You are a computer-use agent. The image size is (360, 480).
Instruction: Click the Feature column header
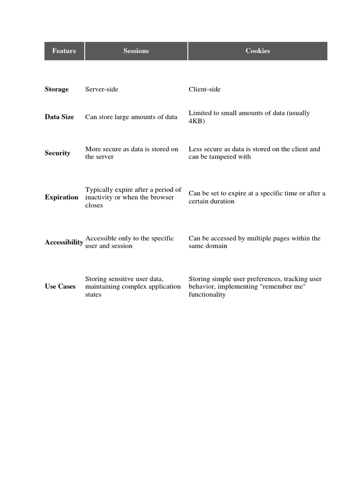coord(64,51)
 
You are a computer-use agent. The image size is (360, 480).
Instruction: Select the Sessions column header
coord(136,51)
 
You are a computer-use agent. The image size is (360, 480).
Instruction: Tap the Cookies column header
coord(257,51)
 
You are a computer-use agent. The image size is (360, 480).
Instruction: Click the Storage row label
coord(57,90)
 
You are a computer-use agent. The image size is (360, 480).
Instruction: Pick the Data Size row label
coord(60,117)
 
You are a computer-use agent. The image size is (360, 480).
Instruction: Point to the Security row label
coord(58,153)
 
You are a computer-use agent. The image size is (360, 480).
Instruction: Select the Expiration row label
coord(61,197)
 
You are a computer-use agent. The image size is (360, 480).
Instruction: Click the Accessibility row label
coord(64,242)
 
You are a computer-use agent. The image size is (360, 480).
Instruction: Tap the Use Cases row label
coord(60,286)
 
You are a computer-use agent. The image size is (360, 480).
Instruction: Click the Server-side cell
coord(102,90)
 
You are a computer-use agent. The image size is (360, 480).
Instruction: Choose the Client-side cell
coord(204,90)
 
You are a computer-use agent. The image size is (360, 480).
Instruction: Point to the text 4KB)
coord(197,121)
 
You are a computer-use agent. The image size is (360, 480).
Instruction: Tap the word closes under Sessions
coord(94,205)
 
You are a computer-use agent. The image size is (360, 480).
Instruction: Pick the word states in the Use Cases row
coord(93,295)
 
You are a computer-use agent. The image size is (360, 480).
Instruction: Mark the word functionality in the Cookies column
coord(207,295)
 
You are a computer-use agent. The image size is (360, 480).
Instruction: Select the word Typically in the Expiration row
coord(99,190)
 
